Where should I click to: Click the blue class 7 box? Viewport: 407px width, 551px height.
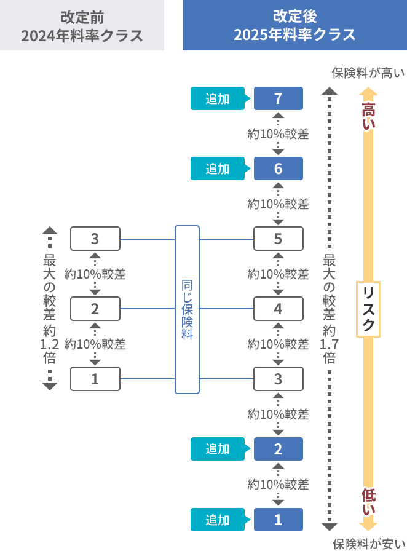pyautogui.click(x=278, y=98)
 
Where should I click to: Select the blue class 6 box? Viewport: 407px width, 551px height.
pyautogui.click(x=278, y=168)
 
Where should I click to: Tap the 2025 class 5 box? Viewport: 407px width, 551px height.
pyautogui.click(x=278, y=239)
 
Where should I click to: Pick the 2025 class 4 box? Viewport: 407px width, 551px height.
pyautogui.click(x=278, y=309)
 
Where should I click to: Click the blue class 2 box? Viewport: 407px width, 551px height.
pyautogui.click(x=278, y=449)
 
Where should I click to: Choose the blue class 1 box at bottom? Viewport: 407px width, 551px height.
pyautogui.click(x=278, y=520)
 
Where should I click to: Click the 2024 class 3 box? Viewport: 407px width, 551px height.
pyautogui.click(x=95, y=239)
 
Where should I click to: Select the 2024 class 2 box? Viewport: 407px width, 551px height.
pyautogui.click(x=95, y=309)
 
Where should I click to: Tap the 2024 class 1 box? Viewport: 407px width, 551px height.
pyautogui.click(x=95, y=379)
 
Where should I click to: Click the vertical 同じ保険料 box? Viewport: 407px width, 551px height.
pyautogui.click(x=187, y=309)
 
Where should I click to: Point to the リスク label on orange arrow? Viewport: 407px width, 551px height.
pyautogui.click(x=368, y=309)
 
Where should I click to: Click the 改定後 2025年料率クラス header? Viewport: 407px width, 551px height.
pyautogui.click(x=294, y=25)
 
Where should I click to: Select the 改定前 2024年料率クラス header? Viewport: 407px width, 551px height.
pyautogui.click(x=82, y=25)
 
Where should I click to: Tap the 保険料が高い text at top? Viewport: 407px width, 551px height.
pyautogui.click(x=368, y=73)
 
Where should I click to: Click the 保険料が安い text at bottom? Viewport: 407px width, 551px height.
pyautogui.click(x=368, y=543)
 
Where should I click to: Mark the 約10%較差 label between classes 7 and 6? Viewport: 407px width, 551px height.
pyautogui.click(x=278, y=133)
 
